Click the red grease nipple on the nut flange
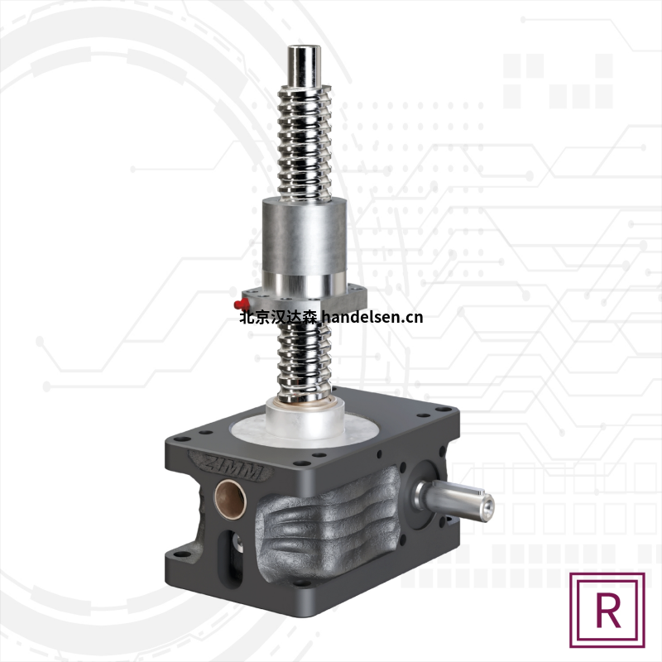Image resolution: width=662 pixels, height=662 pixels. (x=241, y=303)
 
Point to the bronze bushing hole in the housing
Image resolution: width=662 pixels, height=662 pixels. (x=231, y=499)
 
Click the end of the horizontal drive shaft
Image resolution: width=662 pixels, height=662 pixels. (x=487, y=505)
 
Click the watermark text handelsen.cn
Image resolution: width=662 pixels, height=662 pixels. (x=372, y=317)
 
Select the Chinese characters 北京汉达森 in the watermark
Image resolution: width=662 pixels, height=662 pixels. (x=278, y=317)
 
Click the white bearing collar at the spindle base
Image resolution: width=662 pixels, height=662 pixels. (x=305, y=416)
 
